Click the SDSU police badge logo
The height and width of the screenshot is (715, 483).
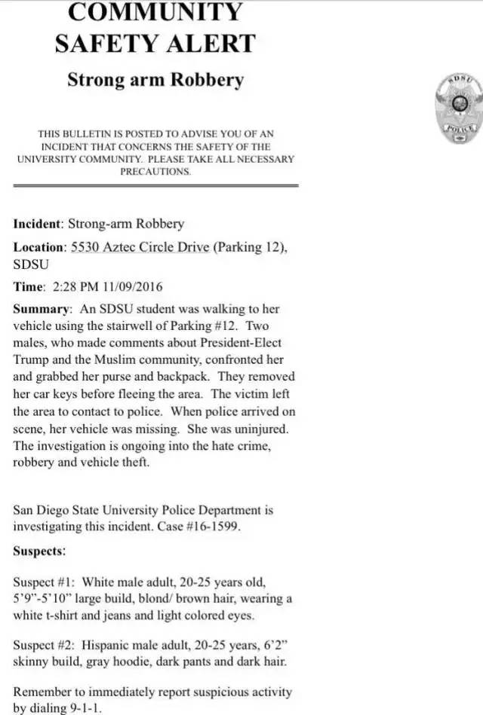457,108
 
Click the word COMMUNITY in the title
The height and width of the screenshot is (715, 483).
155,12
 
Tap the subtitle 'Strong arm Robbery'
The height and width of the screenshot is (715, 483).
155,79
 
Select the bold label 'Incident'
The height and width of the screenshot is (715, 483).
37,224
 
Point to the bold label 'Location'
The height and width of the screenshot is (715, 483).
38,247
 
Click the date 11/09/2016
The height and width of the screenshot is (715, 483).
128,287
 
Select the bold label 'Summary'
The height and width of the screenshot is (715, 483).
42,310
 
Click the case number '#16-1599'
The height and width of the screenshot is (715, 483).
212,527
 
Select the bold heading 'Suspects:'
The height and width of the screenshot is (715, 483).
39,552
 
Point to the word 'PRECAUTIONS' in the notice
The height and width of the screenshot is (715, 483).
155,171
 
